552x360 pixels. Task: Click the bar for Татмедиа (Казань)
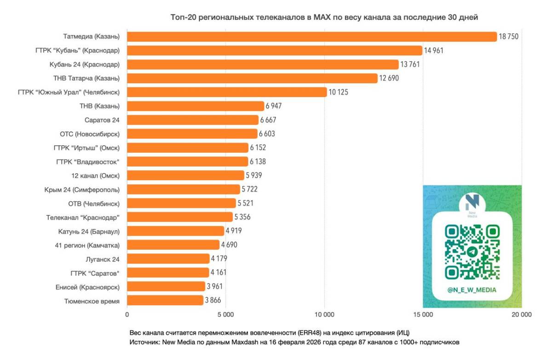[312, 37]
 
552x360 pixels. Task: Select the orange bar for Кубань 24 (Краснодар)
[263, 64]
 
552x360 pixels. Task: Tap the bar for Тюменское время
[165, 300]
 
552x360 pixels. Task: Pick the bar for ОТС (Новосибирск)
[192, 134]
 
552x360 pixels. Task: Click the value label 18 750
[509, 37]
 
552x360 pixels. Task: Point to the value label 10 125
[338, 92]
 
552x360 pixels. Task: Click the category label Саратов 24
[102, 120]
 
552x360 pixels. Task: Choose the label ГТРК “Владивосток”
[88, 161]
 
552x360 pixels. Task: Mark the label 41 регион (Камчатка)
[87, 245]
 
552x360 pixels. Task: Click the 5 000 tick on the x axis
[225, 315]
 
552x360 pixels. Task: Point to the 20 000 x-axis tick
[521, 315]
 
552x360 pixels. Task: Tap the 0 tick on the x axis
[127, 315]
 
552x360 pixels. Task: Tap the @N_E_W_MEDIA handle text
[472, 290]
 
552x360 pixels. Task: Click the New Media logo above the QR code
[472, 204]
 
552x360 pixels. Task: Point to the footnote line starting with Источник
[294, 342]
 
